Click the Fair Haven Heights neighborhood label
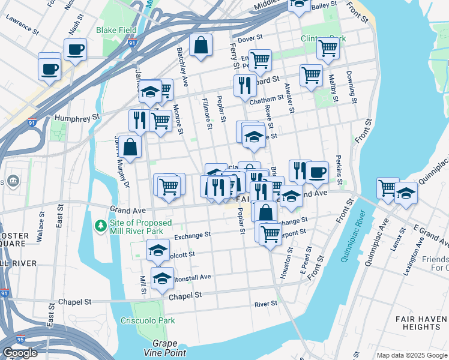tap(414, 321)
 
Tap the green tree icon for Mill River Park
tap(101, 226)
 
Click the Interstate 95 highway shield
tap(21, 340)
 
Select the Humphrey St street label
tap(76, 118)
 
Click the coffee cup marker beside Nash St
tap(76, 49)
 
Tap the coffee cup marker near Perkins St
tap(317, 172)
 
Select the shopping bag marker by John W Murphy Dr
tap(130, 146)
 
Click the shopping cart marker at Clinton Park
tap(328, 48)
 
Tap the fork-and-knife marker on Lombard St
tap(245, 86)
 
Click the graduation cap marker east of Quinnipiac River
tap(406, 193)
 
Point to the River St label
tap(265, 304)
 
